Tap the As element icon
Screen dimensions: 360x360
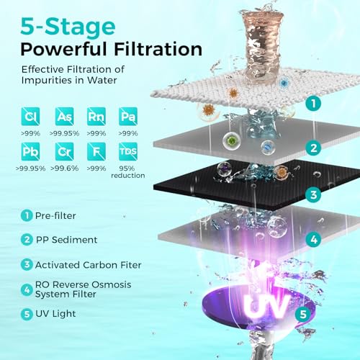point(63,117)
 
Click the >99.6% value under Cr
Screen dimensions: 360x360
point(63,169)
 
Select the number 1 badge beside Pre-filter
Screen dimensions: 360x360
point(25,215)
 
